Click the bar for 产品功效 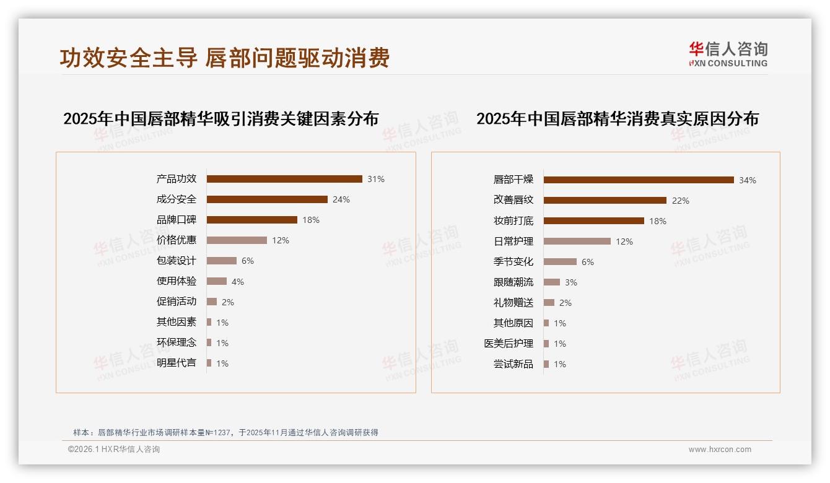point(284,179)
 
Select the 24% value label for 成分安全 point(341,199)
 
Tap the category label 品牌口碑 point(177,220)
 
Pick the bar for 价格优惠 point(237,240)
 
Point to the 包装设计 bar point(222,261)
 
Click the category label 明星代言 point(177,363)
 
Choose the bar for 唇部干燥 point(639,180)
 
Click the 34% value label point(748,180)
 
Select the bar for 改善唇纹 point(605,201)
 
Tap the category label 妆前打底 point(513,221)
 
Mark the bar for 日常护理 point(577,241)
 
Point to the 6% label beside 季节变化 point(588,262)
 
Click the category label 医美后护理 point(509,344)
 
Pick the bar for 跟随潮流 point(552,282)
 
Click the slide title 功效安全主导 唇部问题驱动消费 point(225,58)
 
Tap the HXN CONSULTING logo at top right point(728,54)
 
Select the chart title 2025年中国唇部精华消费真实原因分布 point(618,119)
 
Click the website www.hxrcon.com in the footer point(720,450)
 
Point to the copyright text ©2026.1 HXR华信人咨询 point(114,450)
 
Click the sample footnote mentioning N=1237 point(225,433)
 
